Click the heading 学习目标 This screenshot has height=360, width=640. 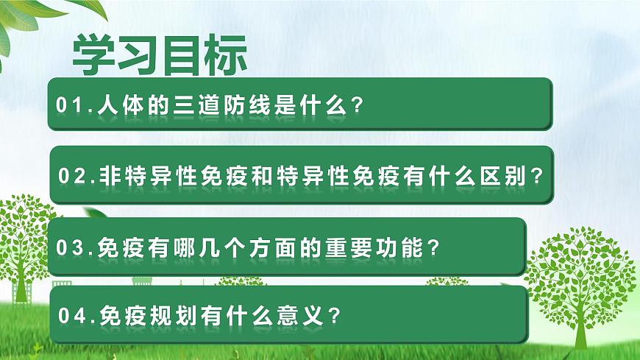[x=160, y=54]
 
